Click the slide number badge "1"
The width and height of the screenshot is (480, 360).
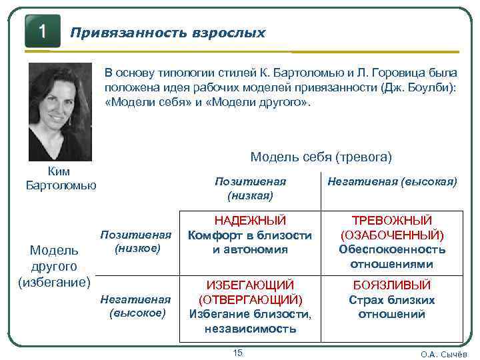[x=42, y=31]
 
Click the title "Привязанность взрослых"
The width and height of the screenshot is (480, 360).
[x=168, y=33]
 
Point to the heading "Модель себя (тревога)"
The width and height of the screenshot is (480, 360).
[x=321, y=157]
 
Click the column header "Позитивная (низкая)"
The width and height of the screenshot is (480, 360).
[x=250, y=188]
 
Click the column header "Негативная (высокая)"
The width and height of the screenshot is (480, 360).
[x=392, y=181]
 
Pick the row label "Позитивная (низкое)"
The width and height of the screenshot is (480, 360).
[x=136, y=241]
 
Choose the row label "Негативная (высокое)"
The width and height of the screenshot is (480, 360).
[x=136, y=306]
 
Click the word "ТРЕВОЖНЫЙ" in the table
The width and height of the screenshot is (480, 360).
[x=392, y=221]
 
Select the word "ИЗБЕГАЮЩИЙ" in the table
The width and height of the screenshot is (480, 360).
[x=250, y=285]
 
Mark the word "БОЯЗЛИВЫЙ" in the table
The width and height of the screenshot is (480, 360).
[x=392, y=285]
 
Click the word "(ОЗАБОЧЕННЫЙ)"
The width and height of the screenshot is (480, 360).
[x=392, y=235]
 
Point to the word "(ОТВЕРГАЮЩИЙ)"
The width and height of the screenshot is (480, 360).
[x=250, y=300]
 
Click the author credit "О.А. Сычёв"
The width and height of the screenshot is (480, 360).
[x=443, y=354]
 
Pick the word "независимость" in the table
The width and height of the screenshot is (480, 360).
[x=250, y=329]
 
